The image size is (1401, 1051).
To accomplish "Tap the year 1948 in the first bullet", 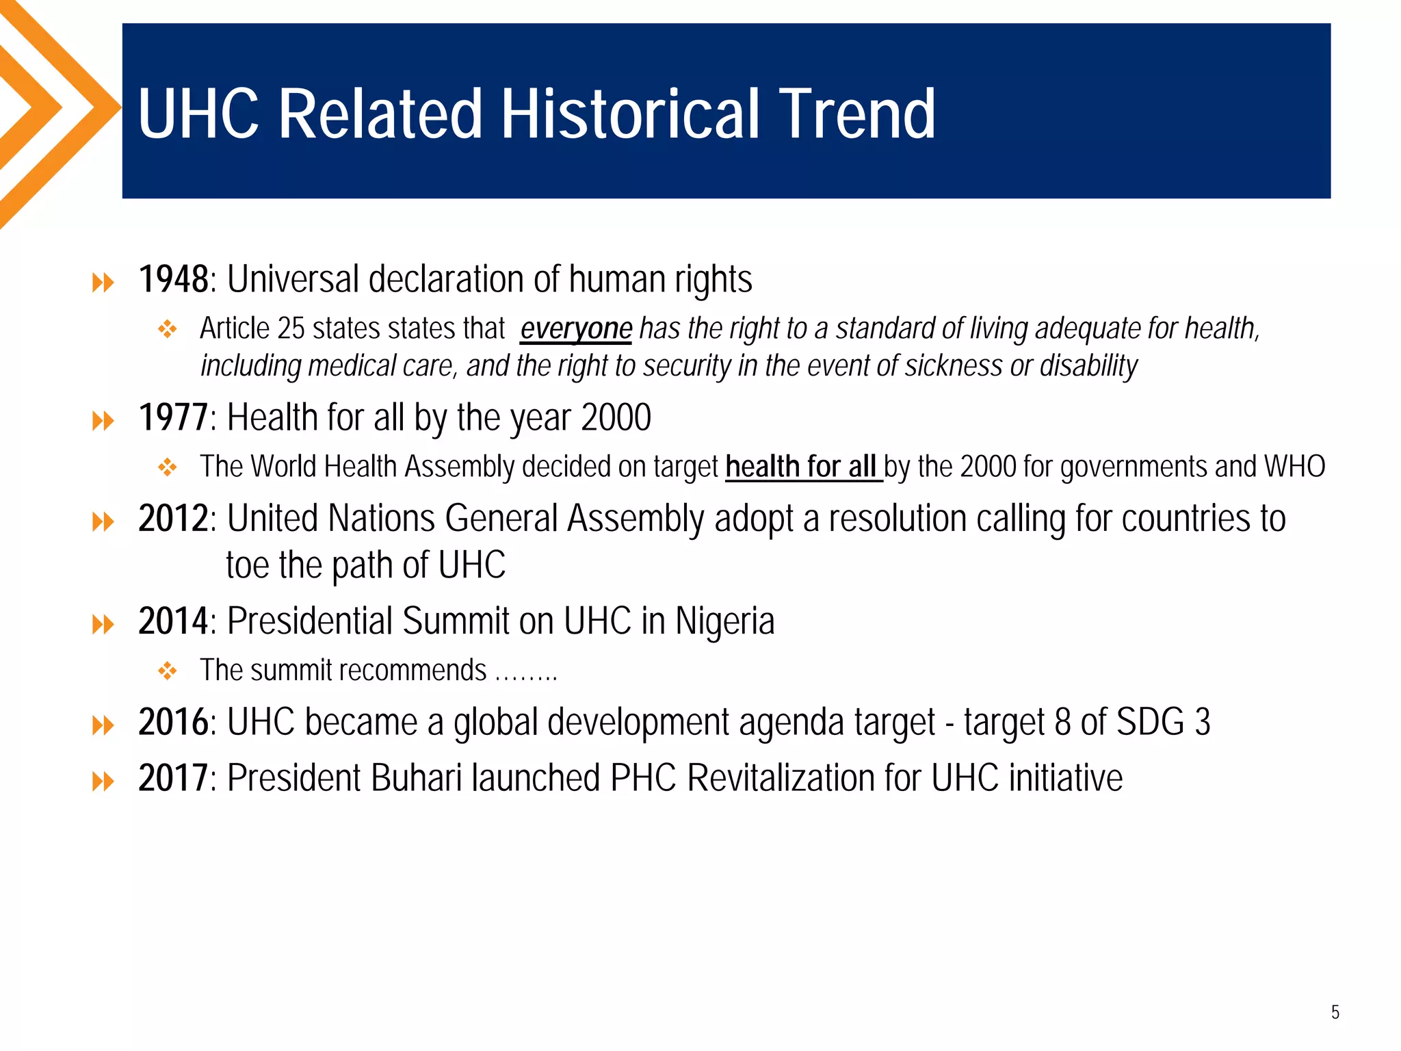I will click(173, 279).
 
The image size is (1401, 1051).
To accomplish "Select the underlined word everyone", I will click(576, 329).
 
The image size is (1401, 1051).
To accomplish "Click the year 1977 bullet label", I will click(173, 417).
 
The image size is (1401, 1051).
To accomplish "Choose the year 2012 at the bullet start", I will click(173, 519).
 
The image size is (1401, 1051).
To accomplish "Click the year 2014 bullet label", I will click(173, 621).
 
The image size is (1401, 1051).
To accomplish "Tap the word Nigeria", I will click(724, 621).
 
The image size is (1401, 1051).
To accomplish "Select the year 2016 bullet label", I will click(173, 722).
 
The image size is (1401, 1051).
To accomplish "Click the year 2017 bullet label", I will click(173, 778).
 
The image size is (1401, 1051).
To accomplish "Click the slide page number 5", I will click(1335, 1012).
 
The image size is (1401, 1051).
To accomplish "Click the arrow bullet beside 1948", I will click(103, 282).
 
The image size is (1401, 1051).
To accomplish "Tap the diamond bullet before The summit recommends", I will click(168, 671).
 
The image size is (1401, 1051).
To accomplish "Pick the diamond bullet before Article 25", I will click(168, 329).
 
